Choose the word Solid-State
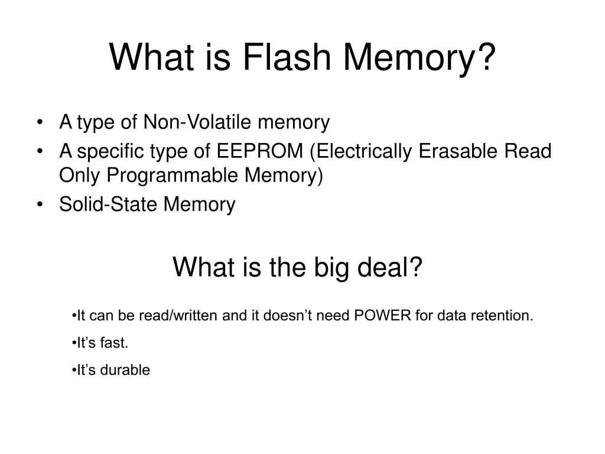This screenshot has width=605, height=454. point(109,205)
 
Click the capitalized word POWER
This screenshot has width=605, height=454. point(382,316)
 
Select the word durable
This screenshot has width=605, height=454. point(126,370)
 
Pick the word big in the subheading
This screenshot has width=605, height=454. point(339,268)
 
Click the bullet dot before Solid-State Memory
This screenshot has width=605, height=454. point(39,205)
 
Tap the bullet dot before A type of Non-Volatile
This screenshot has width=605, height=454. point(39,123)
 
